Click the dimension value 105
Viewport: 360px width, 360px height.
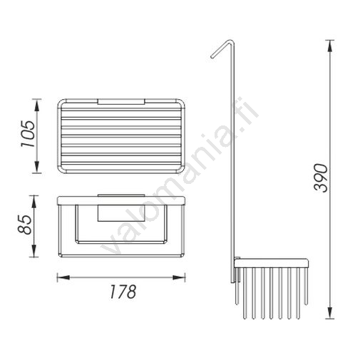click(x=29, y=134)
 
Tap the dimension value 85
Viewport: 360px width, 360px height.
click(x=25, y=225)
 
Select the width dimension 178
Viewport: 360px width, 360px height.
click(x=123, y=292)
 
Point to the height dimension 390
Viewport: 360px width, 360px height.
click(x=321, y=178)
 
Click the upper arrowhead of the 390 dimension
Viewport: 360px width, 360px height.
click(x=330, y=46)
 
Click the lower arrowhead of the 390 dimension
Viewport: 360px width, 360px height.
click(x=330, y=312)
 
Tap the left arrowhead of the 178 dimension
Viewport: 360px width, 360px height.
click(x=63, y=277)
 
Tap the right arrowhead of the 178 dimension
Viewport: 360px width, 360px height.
click(x=179, y=277)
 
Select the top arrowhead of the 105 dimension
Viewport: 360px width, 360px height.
click(x=36, y=105)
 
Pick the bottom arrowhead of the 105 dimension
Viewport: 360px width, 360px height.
click(x=36, y=167)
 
